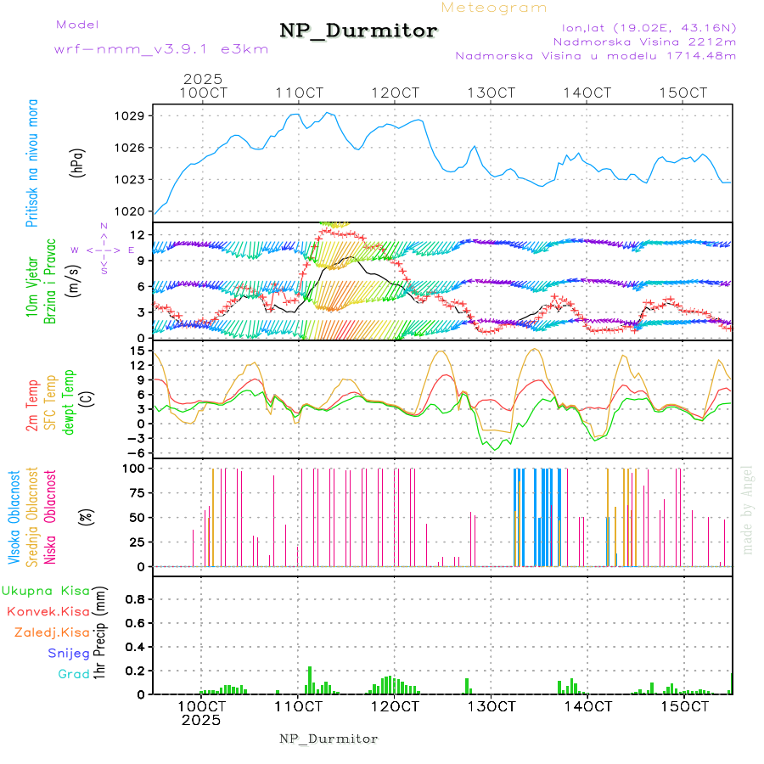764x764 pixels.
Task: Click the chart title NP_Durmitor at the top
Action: pos(358,31)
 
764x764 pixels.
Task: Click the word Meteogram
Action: pos(494,8)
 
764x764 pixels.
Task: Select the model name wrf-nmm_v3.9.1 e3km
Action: pos(161,49)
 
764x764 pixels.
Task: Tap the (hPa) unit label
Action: pos(77,162)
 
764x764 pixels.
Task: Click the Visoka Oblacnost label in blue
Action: pos(14,518)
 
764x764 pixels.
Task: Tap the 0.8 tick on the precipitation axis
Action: pos(134,598)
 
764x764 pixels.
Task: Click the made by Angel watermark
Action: pos(747,509)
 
